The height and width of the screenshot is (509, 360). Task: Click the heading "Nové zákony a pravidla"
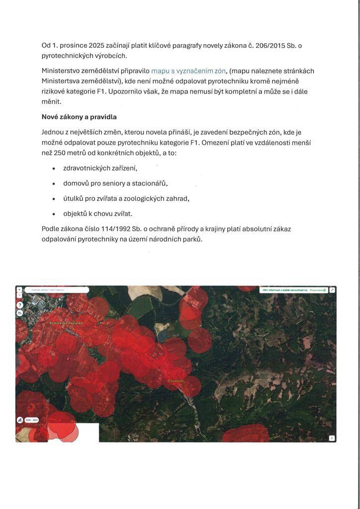[x=79, y=118]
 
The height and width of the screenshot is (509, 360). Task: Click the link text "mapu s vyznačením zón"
[x=189, y=71]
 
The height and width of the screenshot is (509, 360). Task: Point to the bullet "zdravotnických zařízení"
[x=100, y=168]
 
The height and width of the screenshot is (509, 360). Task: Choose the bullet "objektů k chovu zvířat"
[x=97, y=214]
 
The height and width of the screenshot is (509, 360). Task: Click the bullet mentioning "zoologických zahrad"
[x=126, y=198]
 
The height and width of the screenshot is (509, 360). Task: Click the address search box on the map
[x=56, y=290]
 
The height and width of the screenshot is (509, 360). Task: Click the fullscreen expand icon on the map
[x=332, y=290]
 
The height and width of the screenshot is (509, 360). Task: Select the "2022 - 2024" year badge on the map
[x=31, y=420]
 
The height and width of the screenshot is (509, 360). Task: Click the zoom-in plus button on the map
[x=19, y=289]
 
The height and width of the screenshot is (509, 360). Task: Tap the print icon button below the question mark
[x=20, y=313]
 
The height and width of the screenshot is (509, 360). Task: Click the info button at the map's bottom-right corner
[x=332, y=438]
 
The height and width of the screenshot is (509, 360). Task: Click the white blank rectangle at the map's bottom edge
[x=89, y=432]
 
